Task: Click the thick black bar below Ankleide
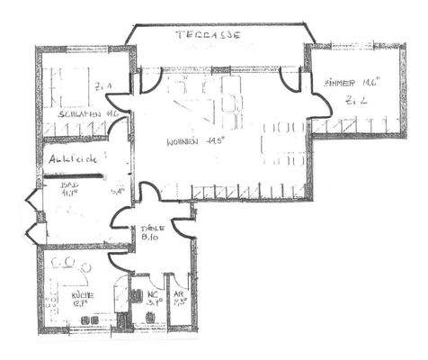[x=76, y=176]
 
